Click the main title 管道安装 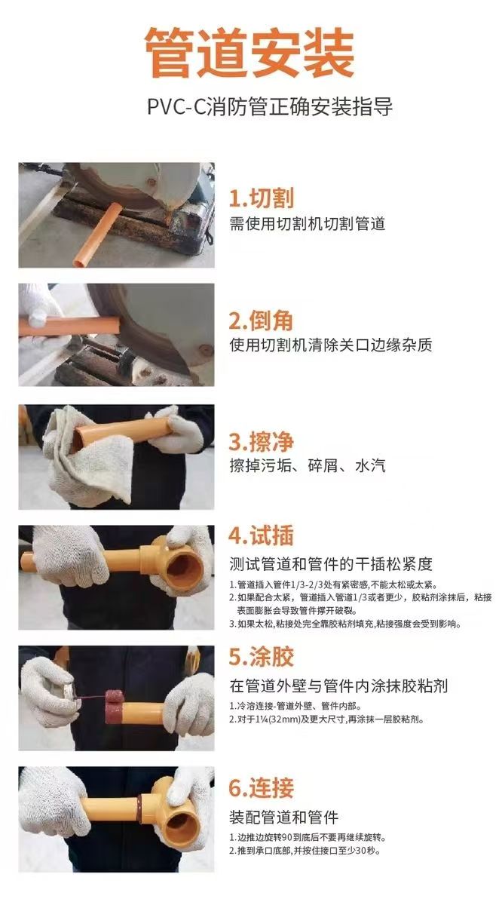click(249, 54)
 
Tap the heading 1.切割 click(261, 198)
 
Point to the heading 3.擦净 click(261, 441)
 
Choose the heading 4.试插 click(261, 536)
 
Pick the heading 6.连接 click(261, 788)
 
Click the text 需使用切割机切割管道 click(307, 223)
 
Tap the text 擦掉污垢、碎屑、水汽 click(307, 465)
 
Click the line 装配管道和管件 click(284, 817)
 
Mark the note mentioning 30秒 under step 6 click(305, 851)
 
